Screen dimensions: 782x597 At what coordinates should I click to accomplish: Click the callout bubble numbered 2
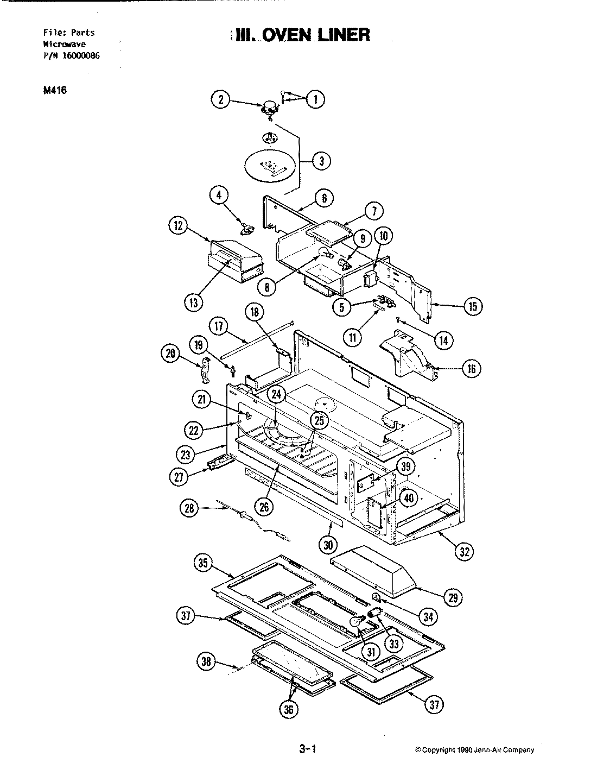pos(220,100)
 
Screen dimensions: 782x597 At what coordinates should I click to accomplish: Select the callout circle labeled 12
pos(177,228)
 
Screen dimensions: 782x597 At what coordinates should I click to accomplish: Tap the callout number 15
pos(472,307)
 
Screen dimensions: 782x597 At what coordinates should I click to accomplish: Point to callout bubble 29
pos(453,597)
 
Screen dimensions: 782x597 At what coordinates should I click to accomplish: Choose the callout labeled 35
pos(204,564)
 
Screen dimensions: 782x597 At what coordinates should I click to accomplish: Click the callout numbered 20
pos(171,355)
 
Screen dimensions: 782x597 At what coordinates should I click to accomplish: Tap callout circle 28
pos(188,508)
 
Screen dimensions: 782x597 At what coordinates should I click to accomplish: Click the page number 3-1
pos(307,750)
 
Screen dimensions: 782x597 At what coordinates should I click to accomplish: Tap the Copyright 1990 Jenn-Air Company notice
pos(474,750)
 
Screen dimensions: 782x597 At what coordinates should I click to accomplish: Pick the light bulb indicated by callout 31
pos(357,621)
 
